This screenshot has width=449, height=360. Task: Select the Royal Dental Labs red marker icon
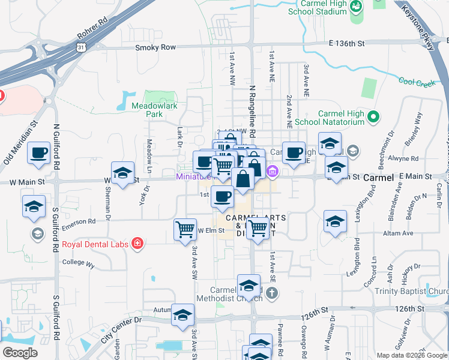[137, 243]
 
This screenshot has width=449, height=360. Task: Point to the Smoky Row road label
[155, 47]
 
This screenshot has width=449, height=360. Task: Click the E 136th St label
[347, 43]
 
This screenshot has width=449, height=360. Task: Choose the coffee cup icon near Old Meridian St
[39, 152]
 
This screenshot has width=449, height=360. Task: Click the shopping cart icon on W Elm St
[185, 229]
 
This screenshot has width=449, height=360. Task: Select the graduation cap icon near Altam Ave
[335, 221]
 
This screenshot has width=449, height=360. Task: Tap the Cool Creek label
[417, 83]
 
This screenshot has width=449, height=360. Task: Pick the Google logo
[20, 352]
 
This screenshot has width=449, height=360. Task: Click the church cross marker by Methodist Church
[272, 293]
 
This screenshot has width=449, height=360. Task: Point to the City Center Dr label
[121, 329]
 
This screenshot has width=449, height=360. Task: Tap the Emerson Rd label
[78, 221]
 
